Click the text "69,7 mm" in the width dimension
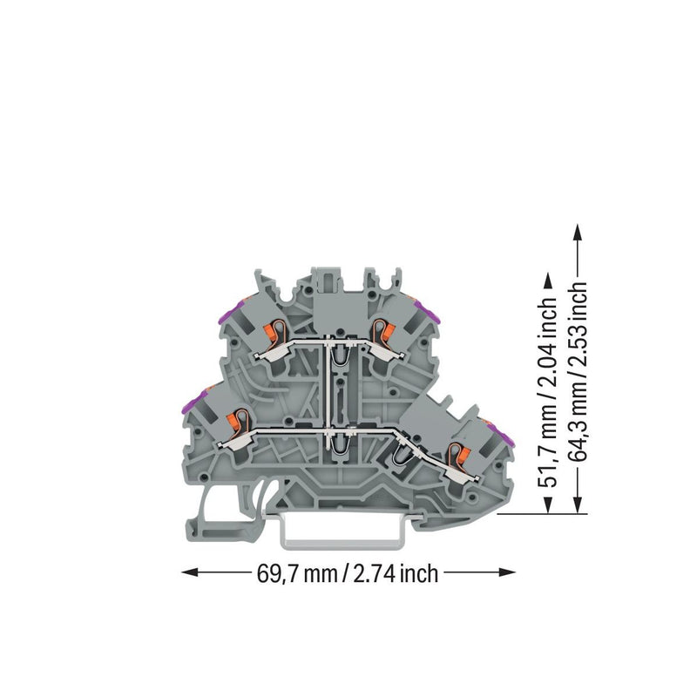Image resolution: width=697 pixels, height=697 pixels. (x=296, y=573)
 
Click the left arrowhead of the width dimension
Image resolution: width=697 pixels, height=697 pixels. (x=190, y=572)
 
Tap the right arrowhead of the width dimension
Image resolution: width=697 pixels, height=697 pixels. (x=507, y=572)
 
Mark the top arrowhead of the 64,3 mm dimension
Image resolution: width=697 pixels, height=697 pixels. (x=578, y=233)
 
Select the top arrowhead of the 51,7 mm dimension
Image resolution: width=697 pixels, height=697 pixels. (x=548, y=281)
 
